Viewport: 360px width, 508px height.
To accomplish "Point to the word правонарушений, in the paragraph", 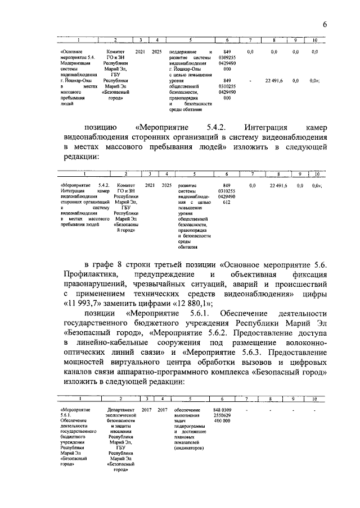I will coord(96,284).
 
